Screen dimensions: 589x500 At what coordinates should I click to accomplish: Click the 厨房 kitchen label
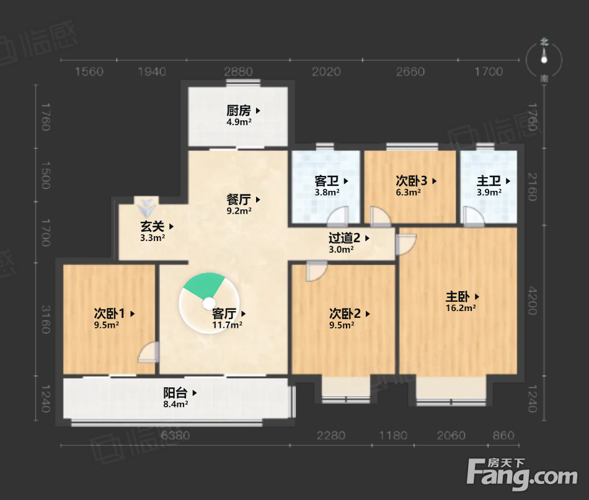click(239, 110)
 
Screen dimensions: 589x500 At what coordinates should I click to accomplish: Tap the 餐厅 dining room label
click(239, 200)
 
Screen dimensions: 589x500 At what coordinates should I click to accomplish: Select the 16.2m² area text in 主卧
click(461, 308)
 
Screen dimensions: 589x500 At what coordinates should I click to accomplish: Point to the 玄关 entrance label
click(152, 226)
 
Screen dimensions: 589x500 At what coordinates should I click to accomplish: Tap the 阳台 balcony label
click(175, 393)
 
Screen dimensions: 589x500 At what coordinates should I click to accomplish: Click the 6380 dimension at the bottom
click(175, 436)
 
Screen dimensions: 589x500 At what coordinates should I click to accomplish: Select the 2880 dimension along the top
click(239, 71)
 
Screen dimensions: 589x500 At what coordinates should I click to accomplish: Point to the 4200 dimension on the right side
click(533, 300)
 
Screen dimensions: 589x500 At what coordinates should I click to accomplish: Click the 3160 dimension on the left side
click(45, 320)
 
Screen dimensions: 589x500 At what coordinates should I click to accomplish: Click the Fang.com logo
click(522, 475)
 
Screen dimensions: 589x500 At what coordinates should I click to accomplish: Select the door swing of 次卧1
click(148, 352)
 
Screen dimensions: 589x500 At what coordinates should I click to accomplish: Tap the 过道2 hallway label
click(344, 238)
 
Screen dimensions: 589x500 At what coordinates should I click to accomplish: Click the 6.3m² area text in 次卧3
click(409, 192)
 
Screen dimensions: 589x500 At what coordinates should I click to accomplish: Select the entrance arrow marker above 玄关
click(146, 207)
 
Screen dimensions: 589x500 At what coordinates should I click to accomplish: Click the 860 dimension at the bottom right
click(503, 436)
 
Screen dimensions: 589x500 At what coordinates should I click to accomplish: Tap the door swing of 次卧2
click(316, 271)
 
